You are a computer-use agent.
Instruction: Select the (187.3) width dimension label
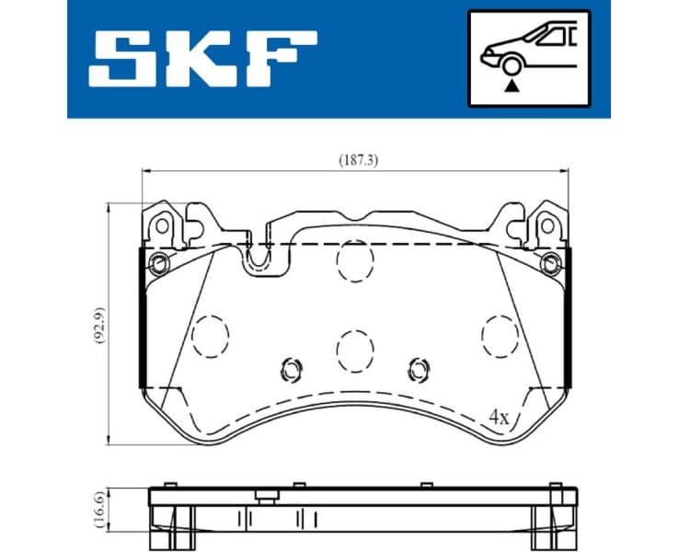pyautogui.click(x=357, y=159)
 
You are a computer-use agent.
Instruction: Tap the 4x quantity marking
pyautogui.click(x=499, y=417)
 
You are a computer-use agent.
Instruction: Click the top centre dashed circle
pyautogui.click(x=354, y=261)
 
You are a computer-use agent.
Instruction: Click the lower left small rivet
pyautogui.click(x=291, y=369)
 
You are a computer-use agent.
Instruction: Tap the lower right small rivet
pyautogui.click(x=420, y=369)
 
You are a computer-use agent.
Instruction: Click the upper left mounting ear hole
pyautogui.click(x=163, y=225)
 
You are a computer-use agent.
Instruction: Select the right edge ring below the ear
pyautogui.click(x=552, y=265)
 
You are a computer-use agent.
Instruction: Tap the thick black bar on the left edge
pyautogui.click(x=140, y=318)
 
